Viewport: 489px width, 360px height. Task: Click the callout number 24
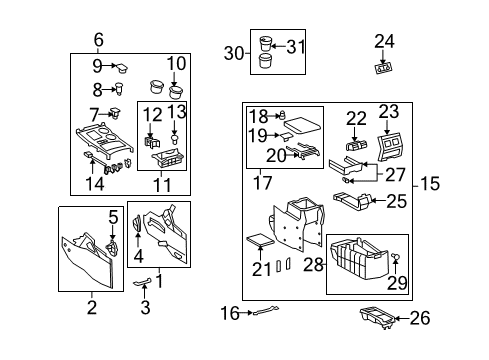click(385, 41)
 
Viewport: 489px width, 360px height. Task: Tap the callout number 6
click(98, 40)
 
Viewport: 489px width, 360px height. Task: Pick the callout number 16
click(229, 314)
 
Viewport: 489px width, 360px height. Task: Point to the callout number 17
click(264, 182)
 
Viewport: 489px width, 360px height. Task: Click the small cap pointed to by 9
click(122, 69)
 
